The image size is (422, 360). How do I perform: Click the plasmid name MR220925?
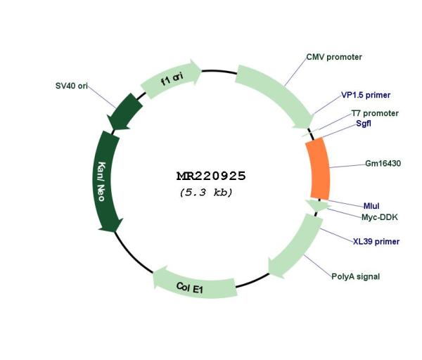click(x=211, y=176)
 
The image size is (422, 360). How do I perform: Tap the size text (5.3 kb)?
click(x=206, y=193)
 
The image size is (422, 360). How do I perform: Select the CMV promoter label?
click(x=334, y=57)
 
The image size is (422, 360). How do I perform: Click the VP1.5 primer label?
click(x=366, y=95)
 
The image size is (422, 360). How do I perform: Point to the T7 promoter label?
click(x=375, y=113)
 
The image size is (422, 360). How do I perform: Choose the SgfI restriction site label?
click(x=364, y=123)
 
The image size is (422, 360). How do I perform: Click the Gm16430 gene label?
click(x=383, y=163)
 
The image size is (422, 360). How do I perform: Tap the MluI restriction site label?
click(x=371, y=206)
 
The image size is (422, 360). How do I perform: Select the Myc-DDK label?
click(x=380, y=217)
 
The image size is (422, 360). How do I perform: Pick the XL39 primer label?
click(x=376, y=241)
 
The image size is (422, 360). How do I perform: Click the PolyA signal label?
click(x=355, y=276)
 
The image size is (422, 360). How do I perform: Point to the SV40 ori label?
click(x=72, y=86)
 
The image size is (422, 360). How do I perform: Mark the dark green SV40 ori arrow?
click(x=124, y=112)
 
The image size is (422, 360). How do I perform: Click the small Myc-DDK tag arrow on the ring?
click(x=318, y=205)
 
